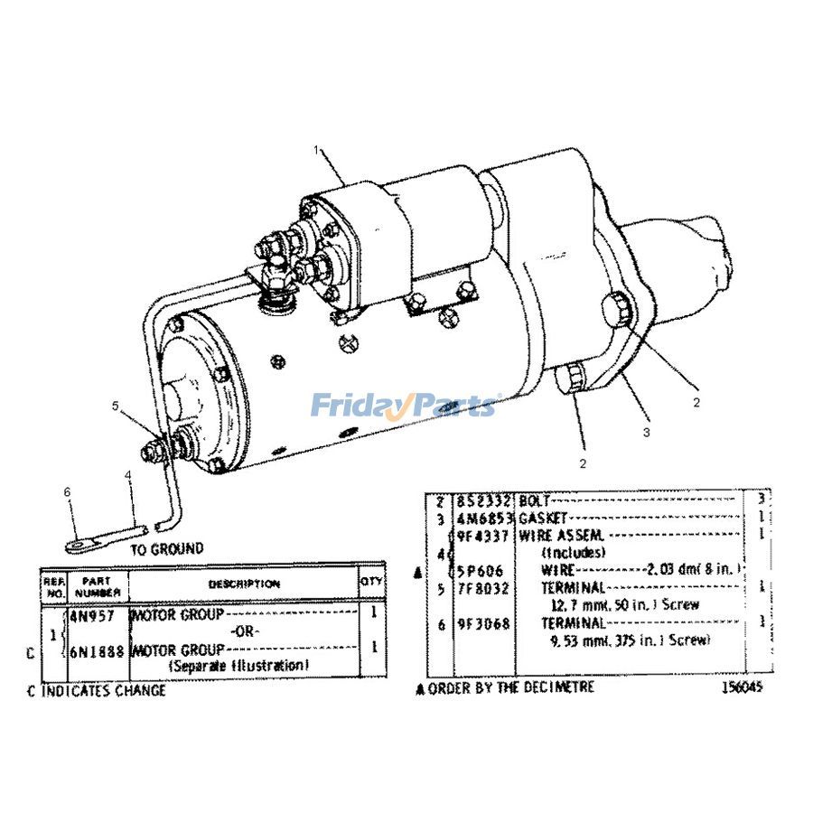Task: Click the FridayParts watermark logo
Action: point(406,405)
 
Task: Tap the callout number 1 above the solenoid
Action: point(317,151)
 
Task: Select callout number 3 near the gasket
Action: point(646,433)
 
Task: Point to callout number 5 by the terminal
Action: point(116,406)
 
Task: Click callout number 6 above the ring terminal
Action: point(66,491)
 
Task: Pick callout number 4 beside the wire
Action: point(129,474)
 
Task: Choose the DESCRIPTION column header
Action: point(244,584)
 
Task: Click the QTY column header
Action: point(371,583)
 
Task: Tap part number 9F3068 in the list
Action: point(484,623)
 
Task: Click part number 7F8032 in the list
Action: point(484,588)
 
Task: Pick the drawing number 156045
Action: point(743,687)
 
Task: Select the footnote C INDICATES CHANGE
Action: point(97,690)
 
